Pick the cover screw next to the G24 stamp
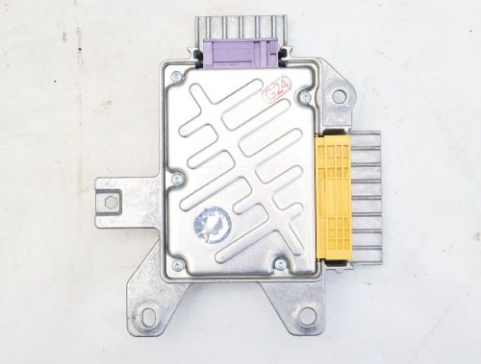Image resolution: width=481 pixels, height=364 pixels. click(x=305, y=96)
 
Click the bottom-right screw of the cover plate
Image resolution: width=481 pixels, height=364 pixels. click(x=280, y=263)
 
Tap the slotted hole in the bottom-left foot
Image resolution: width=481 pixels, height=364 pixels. click(x=147, y=322)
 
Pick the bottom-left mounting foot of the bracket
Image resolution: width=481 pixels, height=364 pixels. click(x=149, y=312)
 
